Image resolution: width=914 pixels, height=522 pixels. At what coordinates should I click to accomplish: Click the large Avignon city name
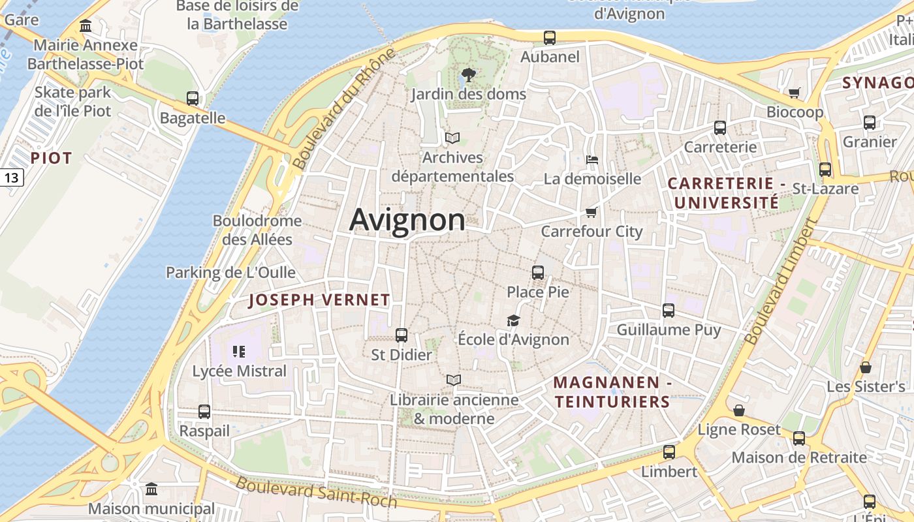pos(407,220)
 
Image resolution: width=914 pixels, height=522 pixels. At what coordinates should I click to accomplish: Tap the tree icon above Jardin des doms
pos(468,75)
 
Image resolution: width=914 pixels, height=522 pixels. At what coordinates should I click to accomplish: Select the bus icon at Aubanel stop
pos(550,38)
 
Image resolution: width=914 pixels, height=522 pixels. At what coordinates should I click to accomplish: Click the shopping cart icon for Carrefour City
pos(591,211)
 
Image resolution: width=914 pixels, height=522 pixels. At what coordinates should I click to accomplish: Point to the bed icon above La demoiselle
pos(592,159)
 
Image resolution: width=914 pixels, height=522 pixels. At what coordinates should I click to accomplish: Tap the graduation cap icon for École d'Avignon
pos(513,320)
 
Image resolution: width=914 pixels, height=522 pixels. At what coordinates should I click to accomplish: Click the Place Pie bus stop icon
pos(538,273)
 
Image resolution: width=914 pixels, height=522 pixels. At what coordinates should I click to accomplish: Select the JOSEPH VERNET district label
pos(319,300)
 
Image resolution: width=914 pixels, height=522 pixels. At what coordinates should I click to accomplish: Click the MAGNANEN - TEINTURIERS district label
pos(612,391)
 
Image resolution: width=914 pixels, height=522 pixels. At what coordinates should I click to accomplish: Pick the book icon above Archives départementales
pos(452,138)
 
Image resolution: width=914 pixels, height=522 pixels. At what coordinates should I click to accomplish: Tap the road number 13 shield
pos(12,177)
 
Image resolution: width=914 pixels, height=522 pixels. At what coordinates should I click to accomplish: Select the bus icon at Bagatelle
pos(193,99)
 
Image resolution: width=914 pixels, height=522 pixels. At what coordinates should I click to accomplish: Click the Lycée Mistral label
pos(239,371)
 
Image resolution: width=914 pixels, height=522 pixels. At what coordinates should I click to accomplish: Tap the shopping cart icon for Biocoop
pos(795,93)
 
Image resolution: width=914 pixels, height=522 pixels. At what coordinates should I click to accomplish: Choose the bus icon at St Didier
pos(402,335)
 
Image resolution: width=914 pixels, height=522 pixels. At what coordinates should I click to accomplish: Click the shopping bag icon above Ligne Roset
pos(739,410)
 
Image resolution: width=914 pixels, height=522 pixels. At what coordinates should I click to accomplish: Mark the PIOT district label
pos(51,158)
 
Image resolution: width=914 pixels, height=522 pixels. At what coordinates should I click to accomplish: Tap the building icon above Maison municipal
pos(151,489)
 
